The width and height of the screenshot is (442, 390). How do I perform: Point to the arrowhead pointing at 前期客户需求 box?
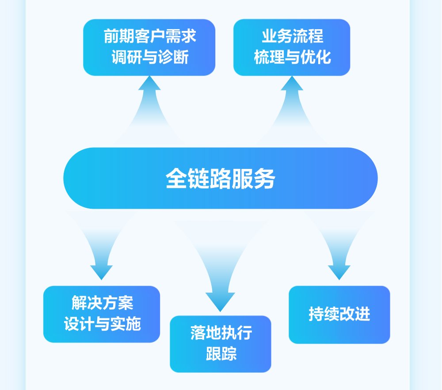click(149, 83)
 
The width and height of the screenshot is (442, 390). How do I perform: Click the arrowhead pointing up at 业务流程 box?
click(292, 83)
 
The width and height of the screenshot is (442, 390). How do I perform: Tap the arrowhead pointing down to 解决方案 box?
click(101, 272)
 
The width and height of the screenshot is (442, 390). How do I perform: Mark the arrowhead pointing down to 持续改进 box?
click(339, 272)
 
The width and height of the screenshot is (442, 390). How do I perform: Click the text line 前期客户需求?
click(150, 36)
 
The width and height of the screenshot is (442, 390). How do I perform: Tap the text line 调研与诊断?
click(150, 57)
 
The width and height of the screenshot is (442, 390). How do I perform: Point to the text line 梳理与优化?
click(292, 57)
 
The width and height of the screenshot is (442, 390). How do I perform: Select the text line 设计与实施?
click(102, 325)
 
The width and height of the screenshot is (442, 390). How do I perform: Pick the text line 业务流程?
click(292, 36)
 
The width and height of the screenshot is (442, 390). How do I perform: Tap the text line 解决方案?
click(102, 303)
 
